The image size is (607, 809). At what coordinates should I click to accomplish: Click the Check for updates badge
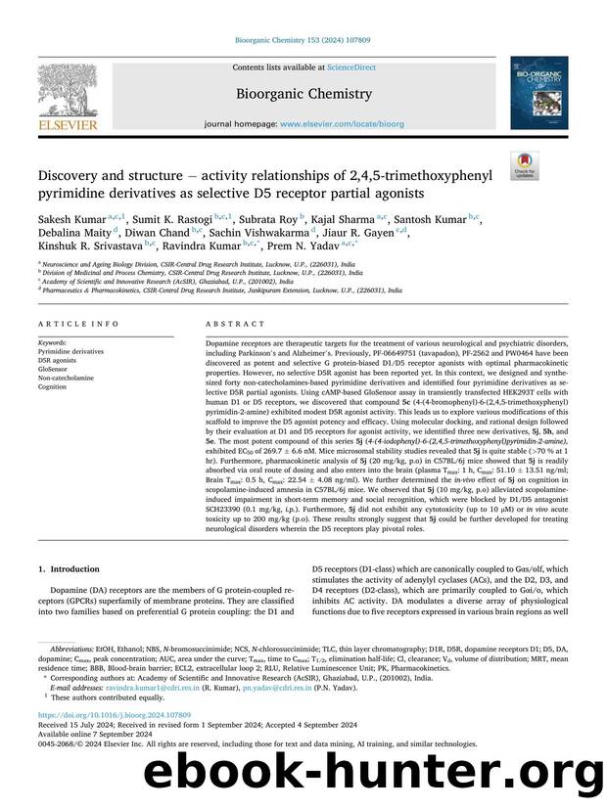click(524, 165)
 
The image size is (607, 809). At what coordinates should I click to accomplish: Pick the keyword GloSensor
click(56, 368)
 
